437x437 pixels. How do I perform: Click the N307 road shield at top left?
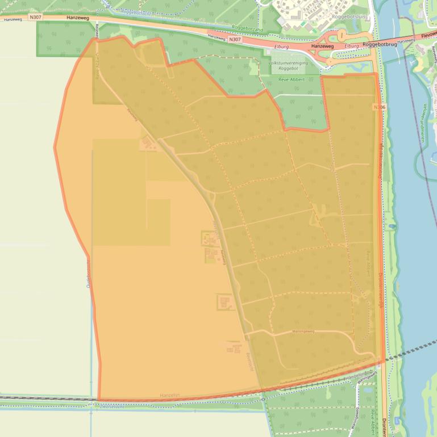tap(36, 18)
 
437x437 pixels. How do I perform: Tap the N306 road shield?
tap(379, 107)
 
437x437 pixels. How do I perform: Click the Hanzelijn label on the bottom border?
tap(170, 395)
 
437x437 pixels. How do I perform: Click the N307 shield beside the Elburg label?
tap(235, 39)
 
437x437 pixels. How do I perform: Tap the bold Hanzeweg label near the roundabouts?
tap(322, 46)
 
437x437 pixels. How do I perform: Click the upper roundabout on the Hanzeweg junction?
tap(342, 36)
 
